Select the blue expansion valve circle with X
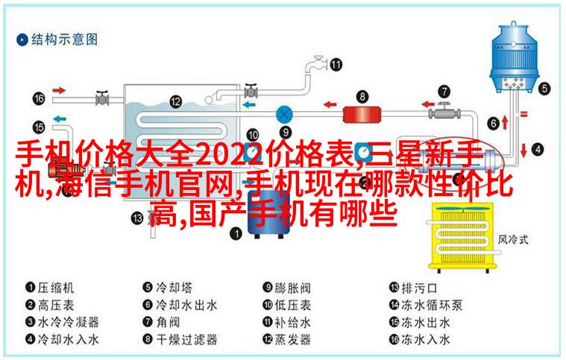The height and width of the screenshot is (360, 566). (284, 115)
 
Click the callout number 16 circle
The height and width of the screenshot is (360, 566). (39, 98)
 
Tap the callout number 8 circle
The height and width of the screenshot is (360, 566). (362, 96)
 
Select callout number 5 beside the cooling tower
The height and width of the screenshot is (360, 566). (544, 89)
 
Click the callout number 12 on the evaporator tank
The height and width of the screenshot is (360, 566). (175, 101)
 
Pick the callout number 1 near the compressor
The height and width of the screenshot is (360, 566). (236, 233)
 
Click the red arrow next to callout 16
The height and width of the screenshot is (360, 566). (59, 90)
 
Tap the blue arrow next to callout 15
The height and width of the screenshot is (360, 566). (60, 119)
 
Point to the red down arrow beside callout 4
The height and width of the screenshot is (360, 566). (523, 150)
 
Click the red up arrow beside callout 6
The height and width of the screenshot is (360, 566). (505, 123)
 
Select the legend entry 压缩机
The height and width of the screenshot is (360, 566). (49, 288)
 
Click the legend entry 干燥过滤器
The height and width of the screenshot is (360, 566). (180, 339)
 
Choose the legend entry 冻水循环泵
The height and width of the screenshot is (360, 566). (426, 305)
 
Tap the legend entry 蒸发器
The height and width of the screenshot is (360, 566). (286, 339)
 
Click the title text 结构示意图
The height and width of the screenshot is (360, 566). (57, 40)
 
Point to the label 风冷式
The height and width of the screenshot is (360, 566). (513, 239)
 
